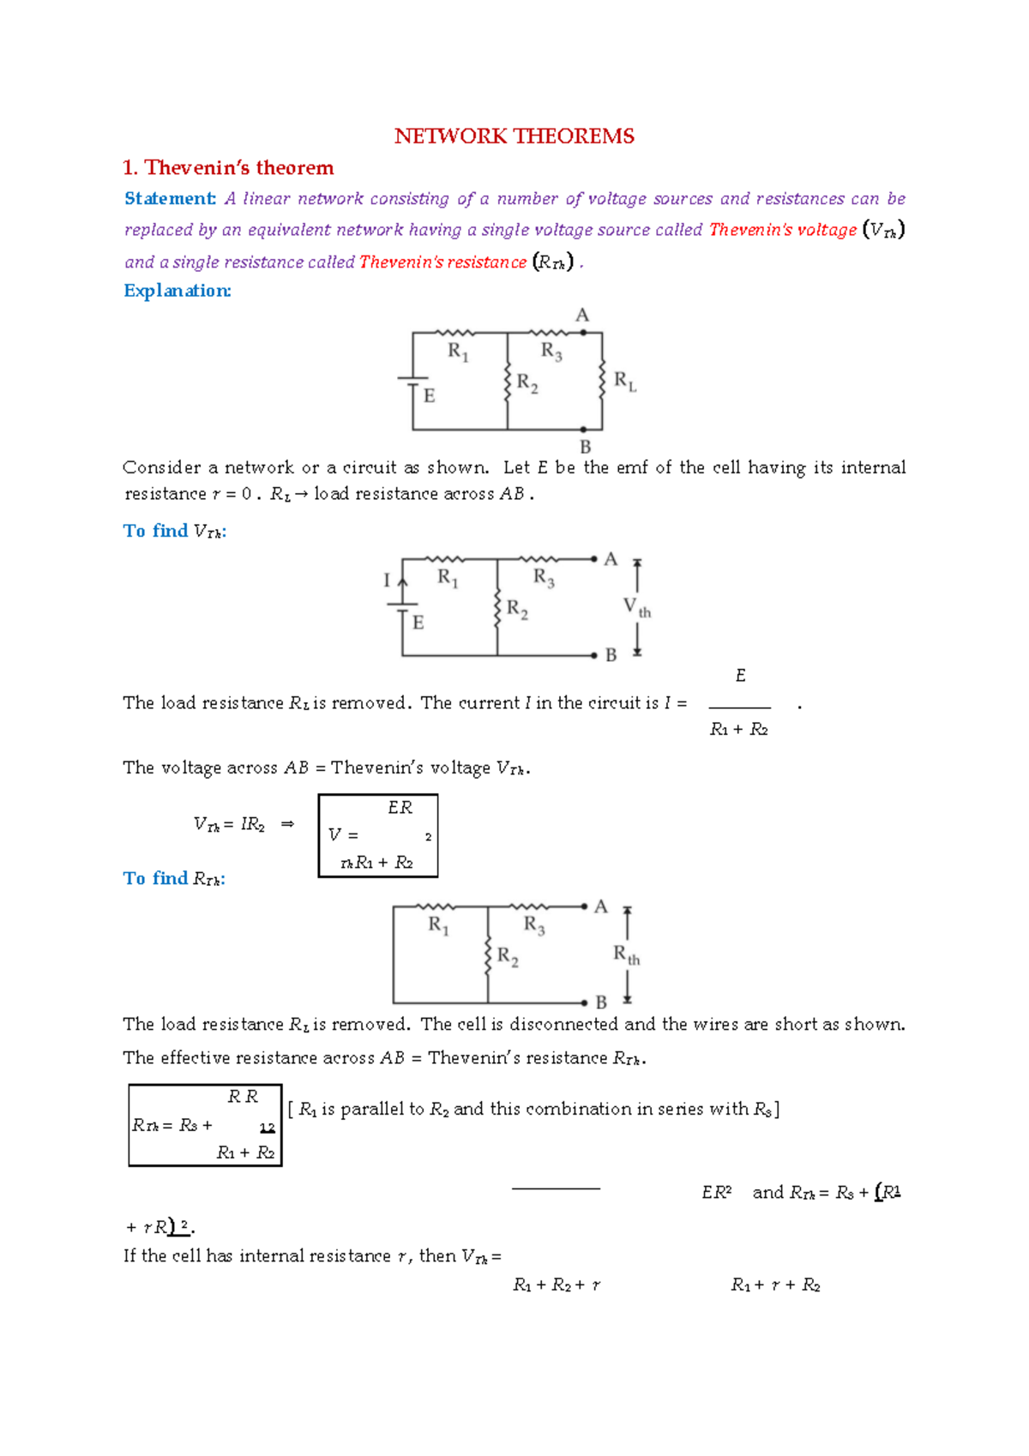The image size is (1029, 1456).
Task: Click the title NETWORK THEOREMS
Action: coord(514,136)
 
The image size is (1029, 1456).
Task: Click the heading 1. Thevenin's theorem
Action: coord(228,167)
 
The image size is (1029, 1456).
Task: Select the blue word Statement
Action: coord(170,198)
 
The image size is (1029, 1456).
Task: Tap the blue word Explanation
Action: coord(178,291)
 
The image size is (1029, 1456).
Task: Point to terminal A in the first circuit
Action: coord(583,316)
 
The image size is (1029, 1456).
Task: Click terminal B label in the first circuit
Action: coord(586,446)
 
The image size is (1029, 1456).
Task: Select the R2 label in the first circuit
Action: coord(527,383)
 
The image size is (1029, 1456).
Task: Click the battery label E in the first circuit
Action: coord(430,396)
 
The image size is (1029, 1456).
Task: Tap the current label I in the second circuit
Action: coord(387,581)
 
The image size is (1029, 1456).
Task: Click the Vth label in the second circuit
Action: coord(636,608)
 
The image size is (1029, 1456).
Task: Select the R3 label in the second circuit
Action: coord(544,577)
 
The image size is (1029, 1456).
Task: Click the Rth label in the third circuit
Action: coord(626,954)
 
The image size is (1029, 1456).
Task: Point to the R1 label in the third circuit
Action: coord(438,925)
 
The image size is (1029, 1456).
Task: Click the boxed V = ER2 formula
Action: coord(378,835)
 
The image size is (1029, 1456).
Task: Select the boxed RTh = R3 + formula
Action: coord(205,1125)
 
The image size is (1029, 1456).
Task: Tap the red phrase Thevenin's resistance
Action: coord(442,262)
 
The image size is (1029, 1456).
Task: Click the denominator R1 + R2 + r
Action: coord(557,1285)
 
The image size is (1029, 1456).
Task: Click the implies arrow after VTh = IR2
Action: coord(288,824)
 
